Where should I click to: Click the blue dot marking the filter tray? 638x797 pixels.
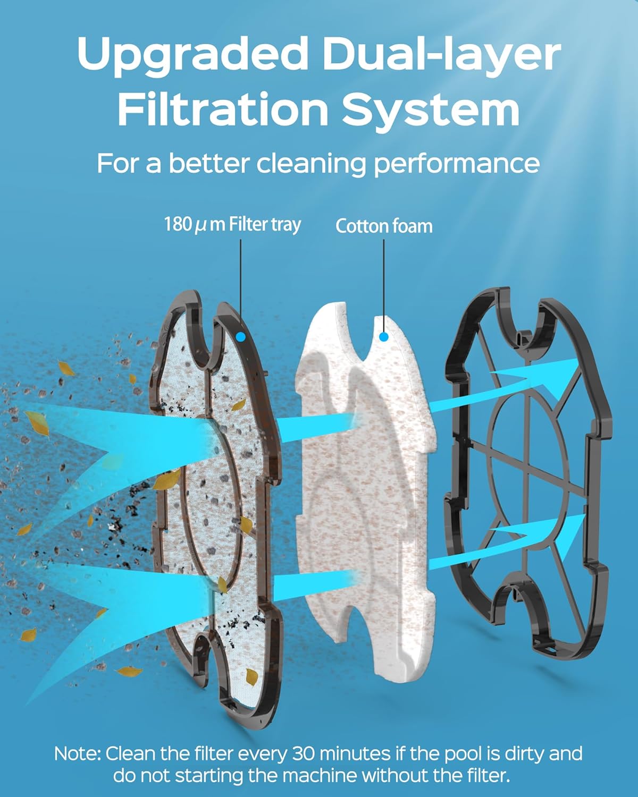[x=241, y=337]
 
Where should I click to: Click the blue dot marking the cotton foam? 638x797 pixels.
[x=384, y=337]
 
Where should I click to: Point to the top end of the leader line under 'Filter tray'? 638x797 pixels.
[x=241, y=240]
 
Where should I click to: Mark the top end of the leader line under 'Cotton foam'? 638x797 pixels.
[x=384, y=240]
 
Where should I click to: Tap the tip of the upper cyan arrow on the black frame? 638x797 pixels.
[x=578, y=359]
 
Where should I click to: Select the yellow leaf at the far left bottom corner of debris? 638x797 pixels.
[x=28, y=634]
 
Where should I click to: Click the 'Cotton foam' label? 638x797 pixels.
[x=384, y=226]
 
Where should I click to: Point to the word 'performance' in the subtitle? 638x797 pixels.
[x=456, y=164]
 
